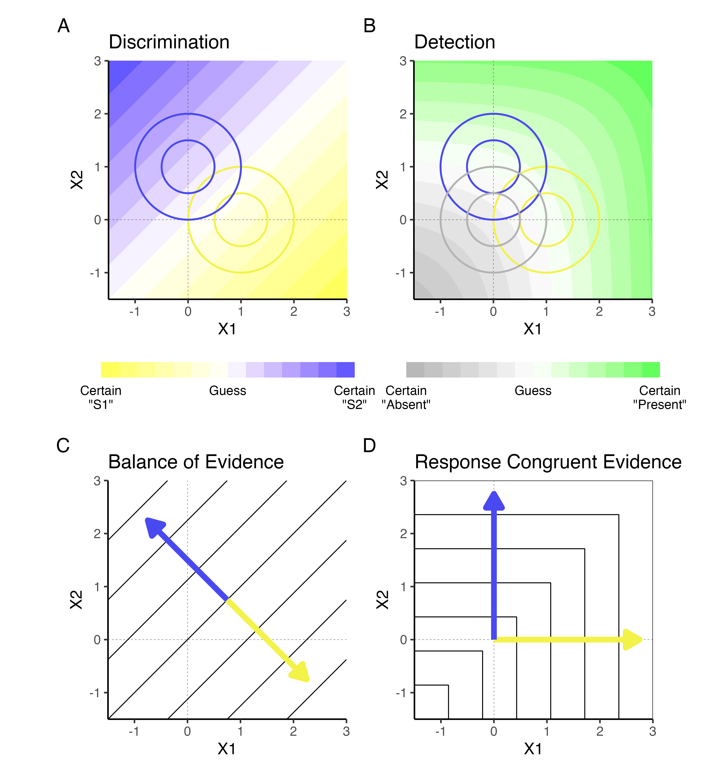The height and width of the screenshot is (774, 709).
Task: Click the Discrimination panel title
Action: (169, 42)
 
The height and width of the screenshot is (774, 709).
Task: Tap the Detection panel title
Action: (455, 42)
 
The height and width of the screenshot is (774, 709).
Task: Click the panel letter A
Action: (64, 26)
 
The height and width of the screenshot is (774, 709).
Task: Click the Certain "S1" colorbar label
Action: (101, 397)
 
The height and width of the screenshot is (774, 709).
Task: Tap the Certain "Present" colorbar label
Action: (660, 397)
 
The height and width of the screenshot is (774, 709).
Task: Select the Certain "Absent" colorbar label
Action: (406, 397)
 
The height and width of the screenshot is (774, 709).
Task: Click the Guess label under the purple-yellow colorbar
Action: (228, 391)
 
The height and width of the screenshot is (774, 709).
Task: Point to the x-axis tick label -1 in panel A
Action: (134, 311)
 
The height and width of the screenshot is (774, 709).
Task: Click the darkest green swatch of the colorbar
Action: (651, 370)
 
